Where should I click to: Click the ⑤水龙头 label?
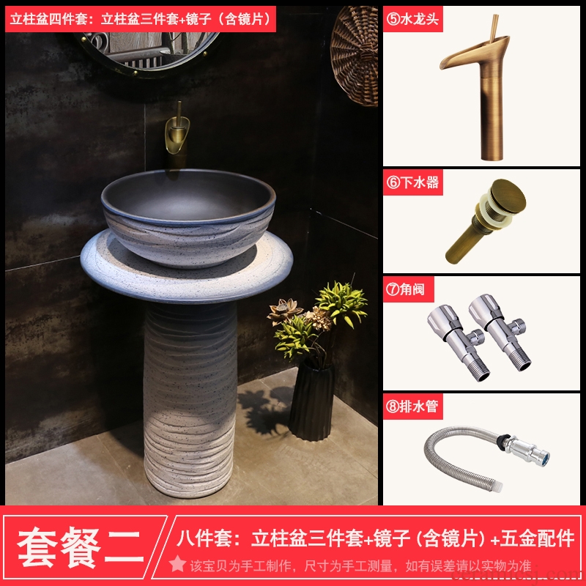point(412,19)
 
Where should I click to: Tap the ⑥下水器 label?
point(412,182)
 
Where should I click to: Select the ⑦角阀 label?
point(406,289)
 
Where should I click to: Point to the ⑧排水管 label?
point(412,407)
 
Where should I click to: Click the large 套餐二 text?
point(81,548)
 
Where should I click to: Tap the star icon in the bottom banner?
point(177,564)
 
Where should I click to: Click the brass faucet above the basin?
point(177,134)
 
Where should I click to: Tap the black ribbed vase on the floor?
point(312,400)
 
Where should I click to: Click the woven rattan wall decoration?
point(355,54)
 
